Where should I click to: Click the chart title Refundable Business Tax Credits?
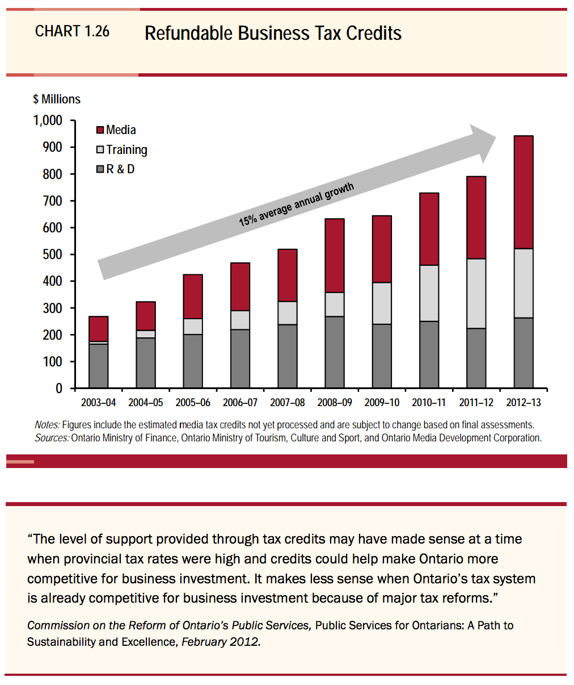(273, 34)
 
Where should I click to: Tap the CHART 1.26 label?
(72, 31)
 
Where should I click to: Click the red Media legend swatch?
(100, 130)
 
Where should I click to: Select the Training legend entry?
(121, 150)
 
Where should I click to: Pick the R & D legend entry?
(115, 169)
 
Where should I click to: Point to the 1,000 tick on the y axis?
(48, 120)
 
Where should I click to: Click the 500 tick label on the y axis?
(52, 254)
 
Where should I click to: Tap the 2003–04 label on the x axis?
(98, 403)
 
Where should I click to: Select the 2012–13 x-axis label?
(523, 403)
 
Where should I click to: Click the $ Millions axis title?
(57, 99)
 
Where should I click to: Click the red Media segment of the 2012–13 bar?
(523, 192)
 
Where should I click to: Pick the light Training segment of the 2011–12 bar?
(476, 294)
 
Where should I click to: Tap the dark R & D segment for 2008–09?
(335, 352)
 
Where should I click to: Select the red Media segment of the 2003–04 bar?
(98, 329)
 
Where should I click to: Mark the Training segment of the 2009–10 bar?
(382, 303)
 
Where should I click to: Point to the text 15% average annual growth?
(296, 204)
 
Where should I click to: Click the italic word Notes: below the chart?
(47, 425)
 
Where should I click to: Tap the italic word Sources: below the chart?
(52, 438)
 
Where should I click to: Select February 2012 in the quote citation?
(221, 641)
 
